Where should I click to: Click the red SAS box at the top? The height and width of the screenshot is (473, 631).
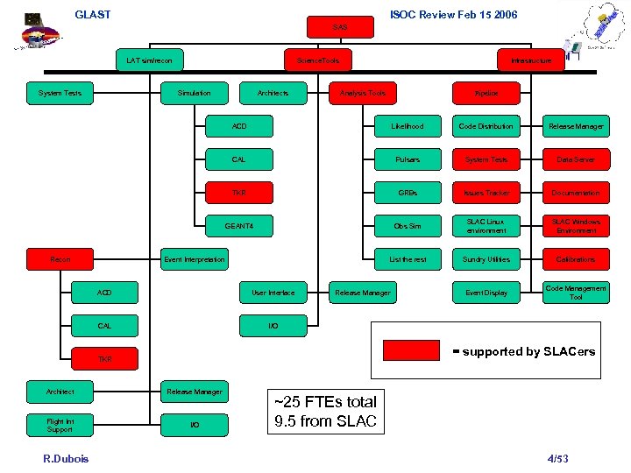pyautogui.click(x=340, y=28)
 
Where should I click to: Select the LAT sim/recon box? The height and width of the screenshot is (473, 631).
pyautogui.click(x=154, y=60)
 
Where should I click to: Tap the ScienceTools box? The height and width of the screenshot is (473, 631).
pyautogui.click(x=317, y=60)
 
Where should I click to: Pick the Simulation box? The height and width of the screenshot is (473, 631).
pyautogui.click(x=194, y=93)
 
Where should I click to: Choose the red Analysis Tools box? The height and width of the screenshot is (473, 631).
pyautogui.click(x=361, y=93)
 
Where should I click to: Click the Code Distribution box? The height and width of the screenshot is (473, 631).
pyautogui.click(x=486, y=126)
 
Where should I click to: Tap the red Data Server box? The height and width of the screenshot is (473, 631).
pyautogui.click(x=576, y=159)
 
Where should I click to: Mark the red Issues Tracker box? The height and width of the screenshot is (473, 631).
pyautogui.click(x=486, y=193)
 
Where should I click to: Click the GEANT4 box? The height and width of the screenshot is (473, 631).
pyautogui.click(x=238, y=226)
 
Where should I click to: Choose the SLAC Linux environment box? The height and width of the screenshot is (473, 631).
pyautogui.click(x=486, y=226)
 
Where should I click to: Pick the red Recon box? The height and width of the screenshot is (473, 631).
pyautogui.click(x=60, y=259)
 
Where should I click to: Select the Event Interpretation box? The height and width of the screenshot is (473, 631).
pyautogui.click(x=194, y=259)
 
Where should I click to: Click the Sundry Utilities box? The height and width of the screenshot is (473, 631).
pyautogui.click(x=486, y=259)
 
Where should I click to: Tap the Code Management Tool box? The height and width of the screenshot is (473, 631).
pyautogui.click(x=576, y=293)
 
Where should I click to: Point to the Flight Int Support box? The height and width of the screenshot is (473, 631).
pyautogui.click(x=60, y=425)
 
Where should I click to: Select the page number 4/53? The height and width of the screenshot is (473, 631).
pyautogui.click(x=558, y=458)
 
